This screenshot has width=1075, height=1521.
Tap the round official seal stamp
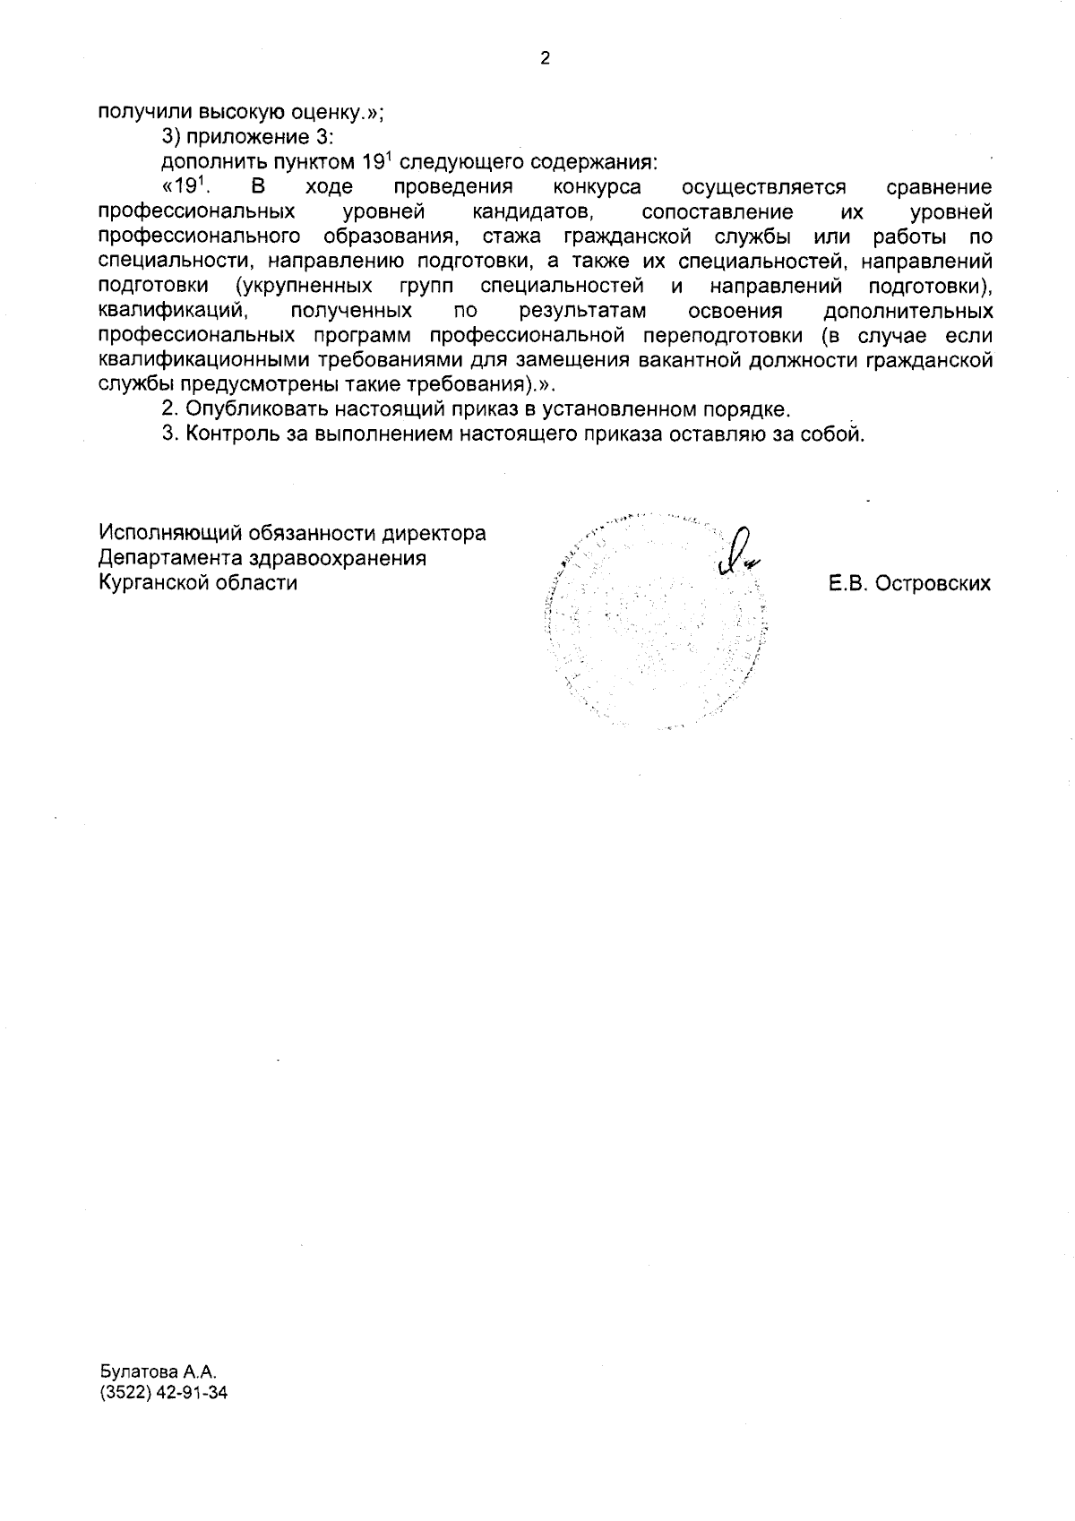coord(656,623)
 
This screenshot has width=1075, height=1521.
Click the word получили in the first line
coord(145,112)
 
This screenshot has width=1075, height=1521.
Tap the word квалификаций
coord(172,311)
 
